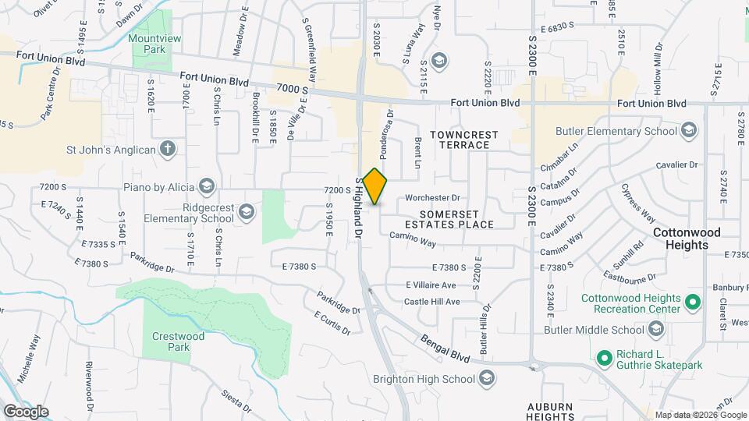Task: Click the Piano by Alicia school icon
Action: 207,186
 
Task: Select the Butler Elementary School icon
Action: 689,130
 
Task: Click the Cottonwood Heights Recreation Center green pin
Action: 691,302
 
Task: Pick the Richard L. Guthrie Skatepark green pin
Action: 603,359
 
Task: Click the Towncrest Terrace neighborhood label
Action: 468,140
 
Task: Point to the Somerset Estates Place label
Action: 456,219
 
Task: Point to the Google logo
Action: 25,411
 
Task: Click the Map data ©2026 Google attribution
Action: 701,415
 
